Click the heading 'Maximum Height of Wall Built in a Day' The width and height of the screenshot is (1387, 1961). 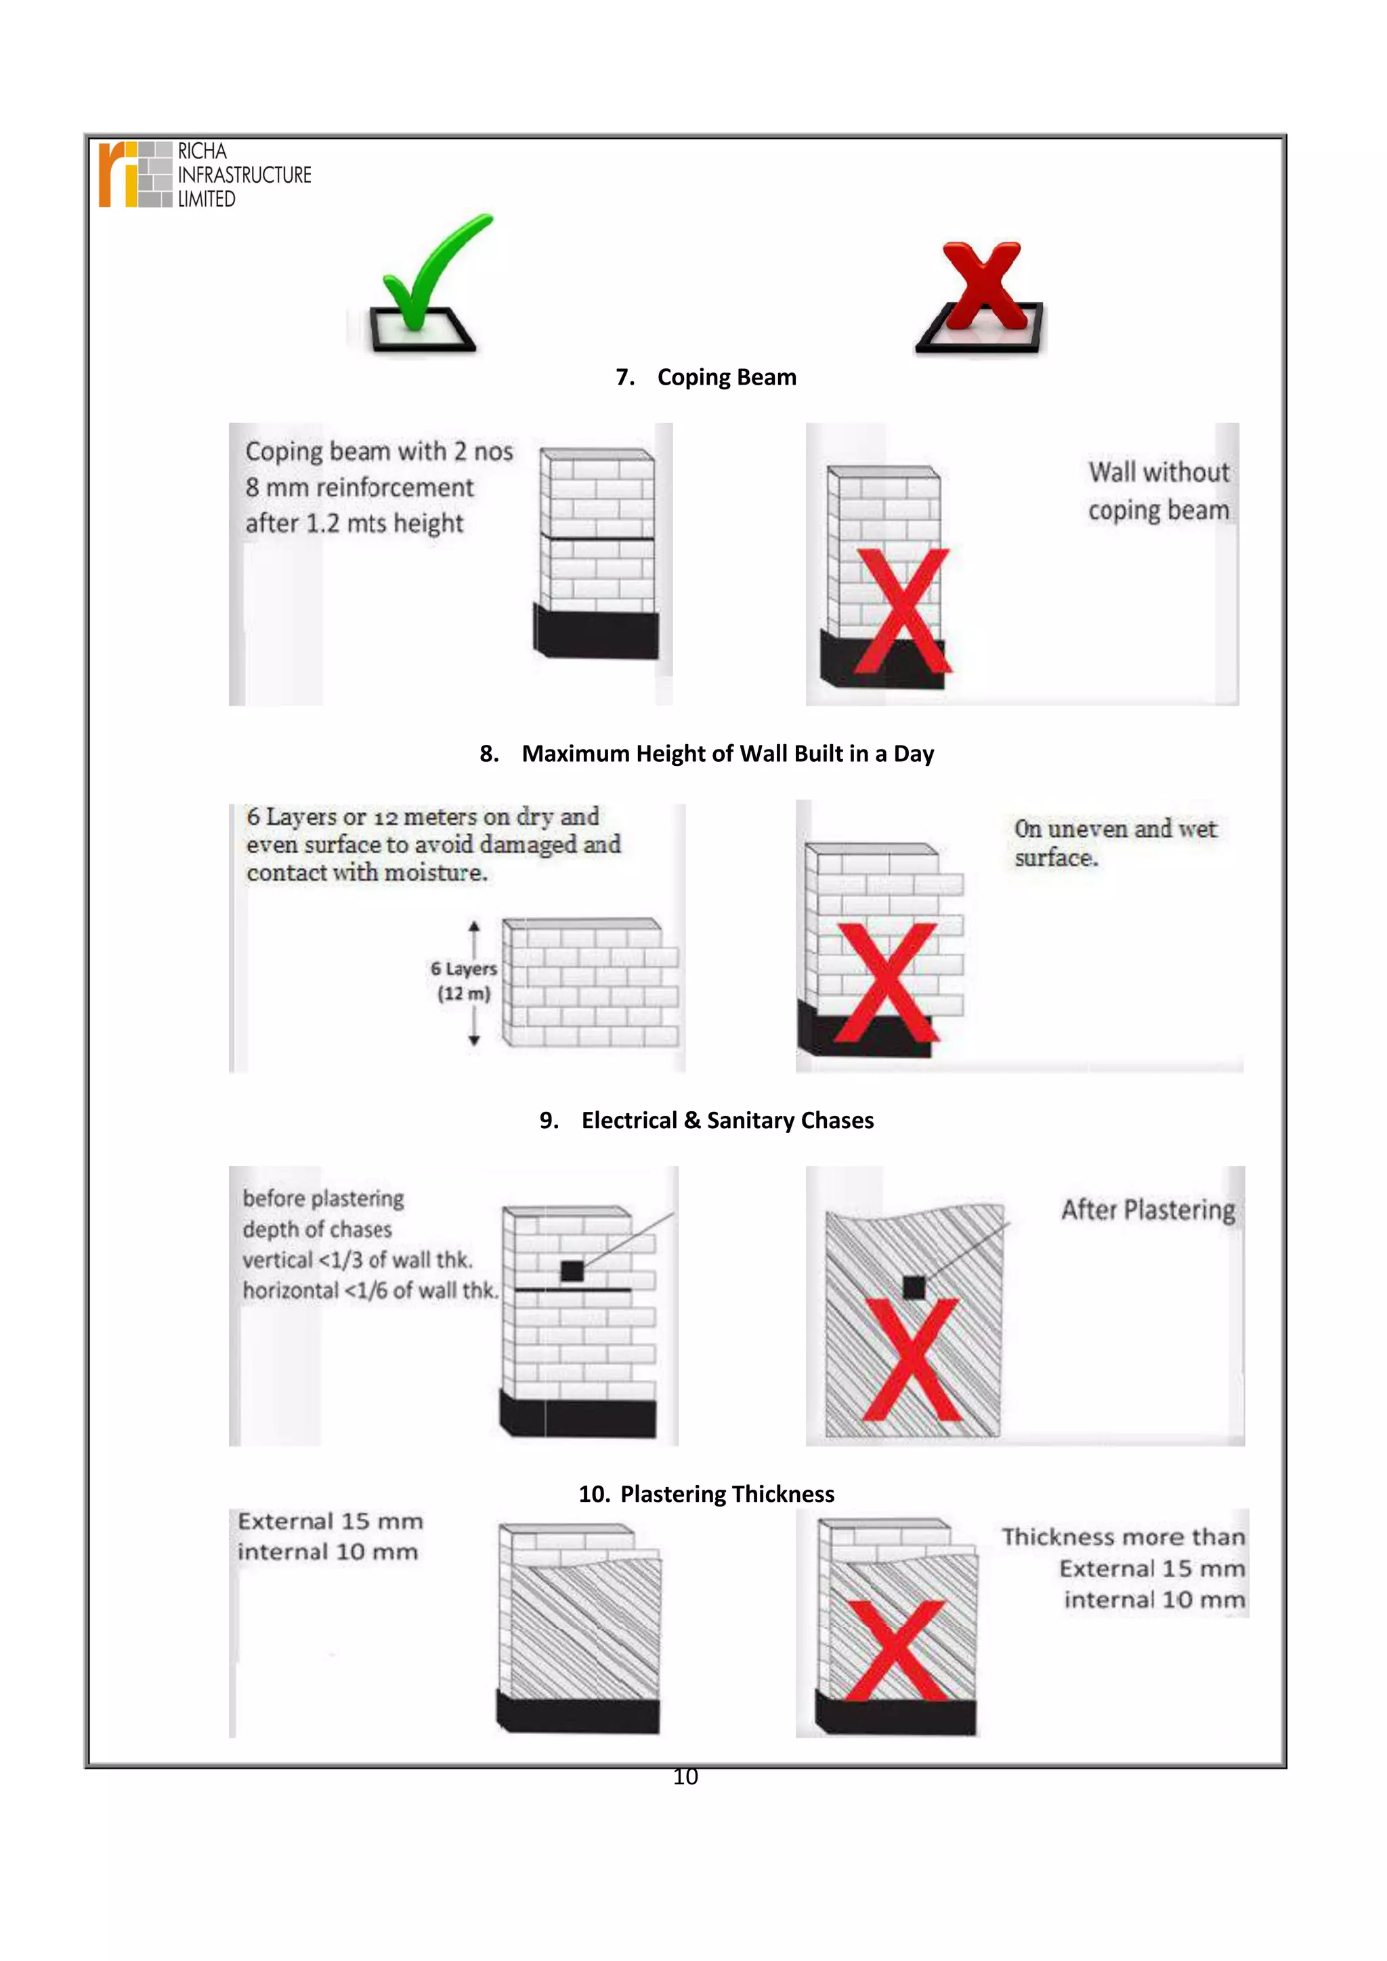[x=727, y=753]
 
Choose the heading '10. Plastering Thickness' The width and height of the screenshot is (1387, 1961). [x=706, y=1494]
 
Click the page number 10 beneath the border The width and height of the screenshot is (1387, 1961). [x=685, y=1777]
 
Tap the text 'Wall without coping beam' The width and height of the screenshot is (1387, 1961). [x=1158, y=491]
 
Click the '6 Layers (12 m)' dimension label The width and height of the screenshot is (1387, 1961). [x=463, y=980]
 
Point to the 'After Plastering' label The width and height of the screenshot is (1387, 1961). [x=1148, y=1209]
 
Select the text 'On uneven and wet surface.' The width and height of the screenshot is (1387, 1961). [x=1115, y=843]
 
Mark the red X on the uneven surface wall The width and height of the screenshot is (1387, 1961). [x=887, y=983]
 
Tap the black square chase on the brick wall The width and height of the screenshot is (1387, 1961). [x=572, y=1271]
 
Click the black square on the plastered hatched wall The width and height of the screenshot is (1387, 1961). [x=914, y=1287]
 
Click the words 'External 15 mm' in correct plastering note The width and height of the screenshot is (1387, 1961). [x=330, y=1521]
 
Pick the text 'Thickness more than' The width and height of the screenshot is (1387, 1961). [x=1123, y=1536]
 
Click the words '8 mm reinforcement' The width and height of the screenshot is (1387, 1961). [x=360, y=488]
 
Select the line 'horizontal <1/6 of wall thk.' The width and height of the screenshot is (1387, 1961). [x=370, y=1290]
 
